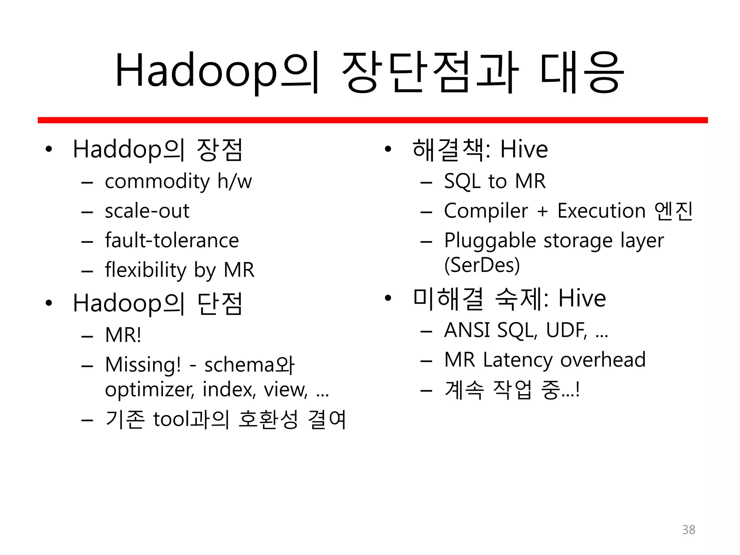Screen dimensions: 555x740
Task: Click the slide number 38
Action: (x=688, y=530)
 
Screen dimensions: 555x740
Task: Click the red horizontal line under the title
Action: (x=372, y=120)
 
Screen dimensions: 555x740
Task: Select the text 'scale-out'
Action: (x=147, y=211)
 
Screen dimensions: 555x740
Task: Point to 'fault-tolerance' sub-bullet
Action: (x=172, y=241)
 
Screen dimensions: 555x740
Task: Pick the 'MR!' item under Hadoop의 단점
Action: (x=123, y=335)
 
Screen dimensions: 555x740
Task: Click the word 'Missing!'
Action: (x=143, y=365)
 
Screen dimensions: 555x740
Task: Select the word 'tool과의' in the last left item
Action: (x=191, y=420)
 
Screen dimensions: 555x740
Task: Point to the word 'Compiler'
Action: (x=486, y=211)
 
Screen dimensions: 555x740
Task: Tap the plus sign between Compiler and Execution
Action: (x=542, y=211)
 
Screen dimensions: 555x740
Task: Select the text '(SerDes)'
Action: (x=482, y=265)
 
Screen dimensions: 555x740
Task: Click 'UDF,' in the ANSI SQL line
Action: (x=567, y=330)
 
